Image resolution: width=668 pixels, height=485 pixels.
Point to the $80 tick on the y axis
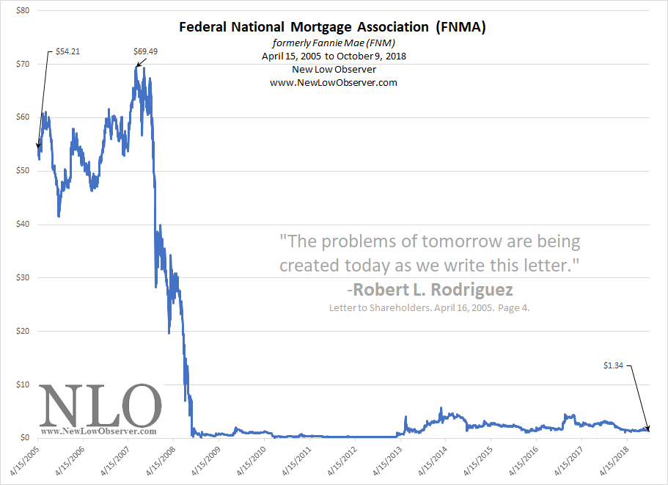click(23, 10)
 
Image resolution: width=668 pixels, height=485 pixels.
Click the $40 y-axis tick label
click(23, 224)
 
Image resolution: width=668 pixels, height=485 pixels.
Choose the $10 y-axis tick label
click(23, 384)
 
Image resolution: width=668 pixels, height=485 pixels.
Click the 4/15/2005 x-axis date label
click(23, 459)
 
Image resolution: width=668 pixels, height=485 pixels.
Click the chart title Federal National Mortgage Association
click(333, 28)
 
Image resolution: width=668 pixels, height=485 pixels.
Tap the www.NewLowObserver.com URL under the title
click(333, 82)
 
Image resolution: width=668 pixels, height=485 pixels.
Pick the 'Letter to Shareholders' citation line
click(428, 308)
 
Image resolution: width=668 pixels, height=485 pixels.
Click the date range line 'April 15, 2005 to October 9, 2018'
click(333, 56)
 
